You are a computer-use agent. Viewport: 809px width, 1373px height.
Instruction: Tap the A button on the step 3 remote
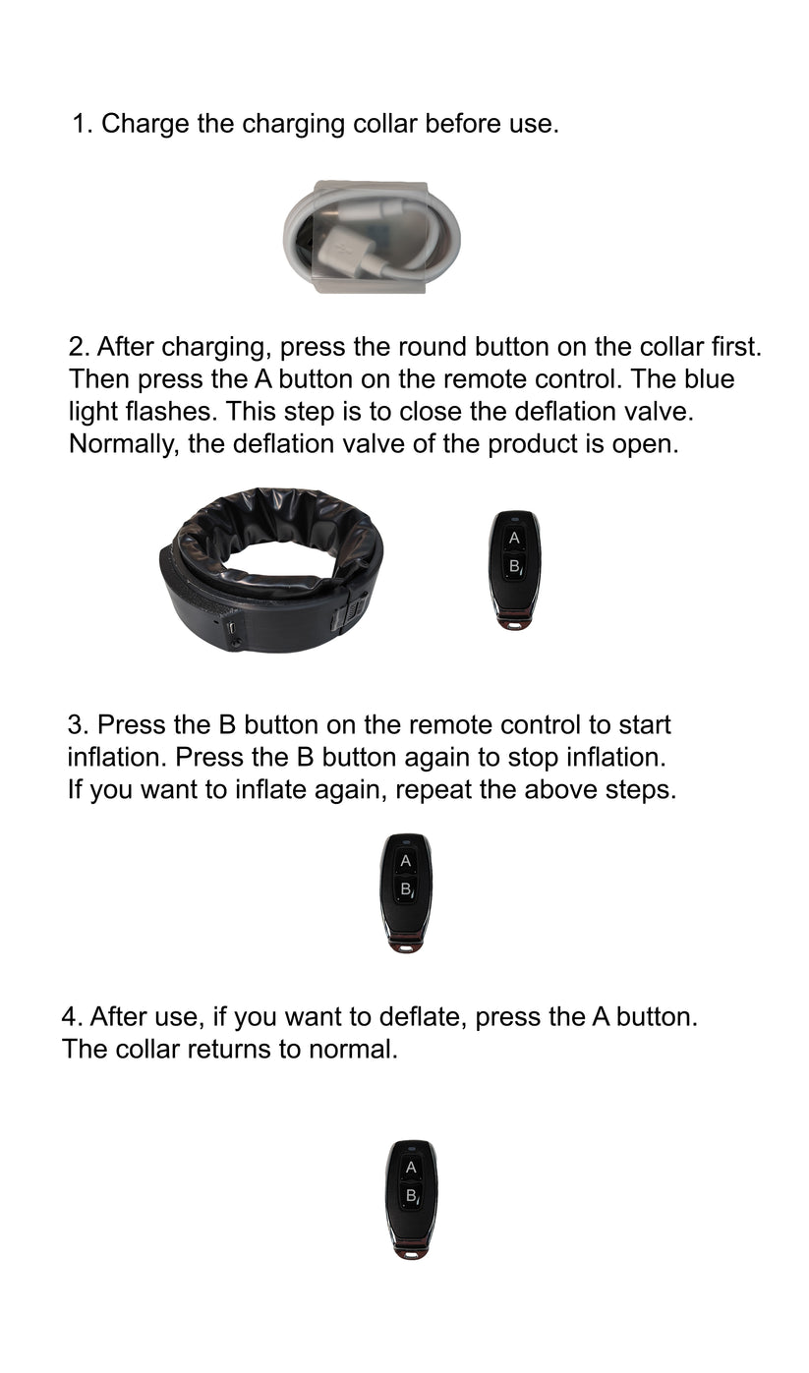pos(405,862)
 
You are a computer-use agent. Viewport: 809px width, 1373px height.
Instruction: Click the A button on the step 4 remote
pos(411,1168)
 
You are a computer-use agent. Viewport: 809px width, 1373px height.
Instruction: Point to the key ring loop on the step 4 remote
pos(411,1252)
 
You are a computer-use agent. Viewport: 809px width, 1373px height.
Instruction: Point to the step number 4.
pos(70,1016)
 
